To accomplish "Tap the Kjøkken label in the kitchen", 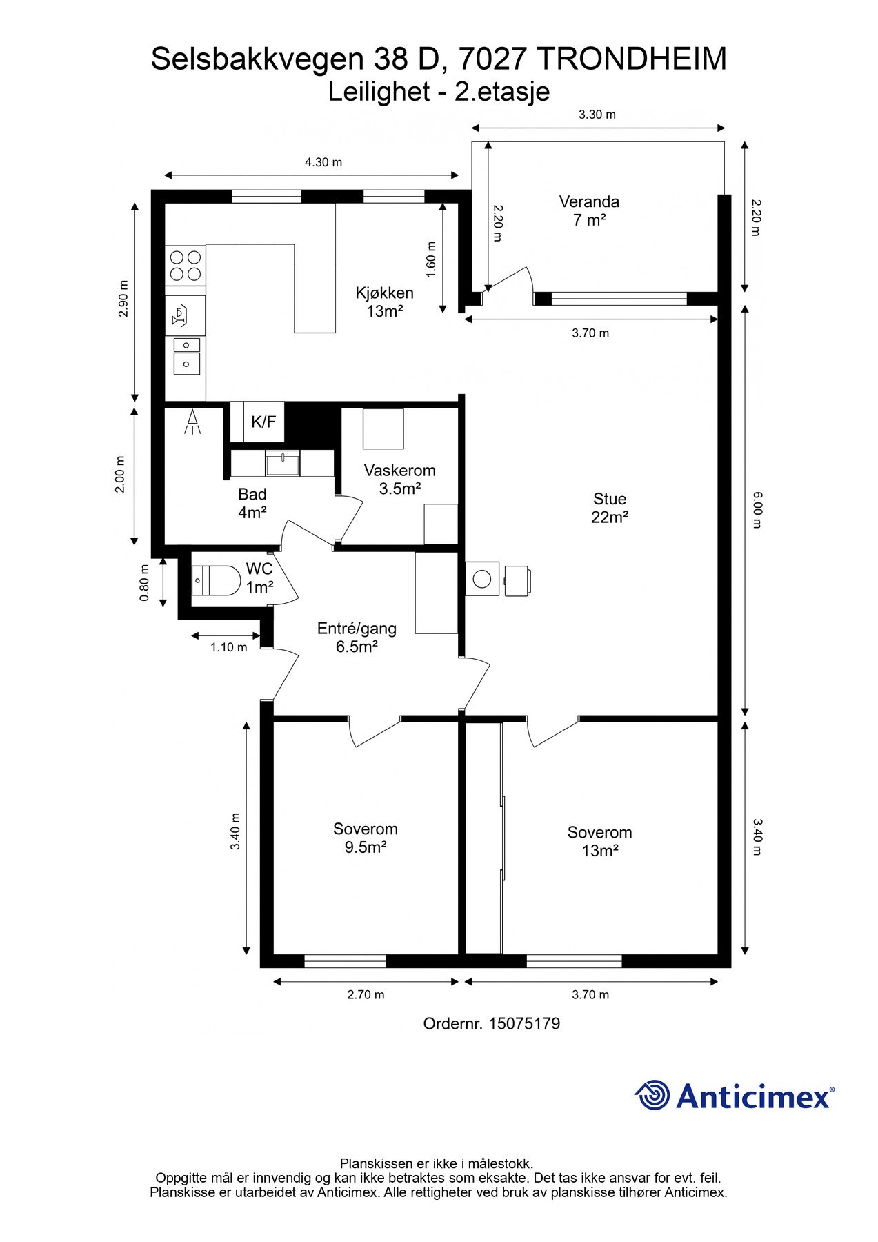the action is pos(384,293).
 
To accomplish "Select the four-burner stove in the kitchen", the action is pos(186,266).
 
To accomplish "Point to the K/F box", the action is pos(263,422).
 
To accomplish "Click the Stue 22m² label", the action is pos(610,508).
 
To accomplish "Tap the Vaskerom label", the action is pos(400,471).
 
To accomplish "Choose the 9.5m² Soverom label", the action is pos(366,838).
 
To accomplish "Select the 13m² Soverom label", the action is pos(599,841).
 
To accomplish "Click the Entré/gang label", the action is pos(357,629).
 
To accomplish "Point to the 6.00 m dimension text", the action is pos(757,509).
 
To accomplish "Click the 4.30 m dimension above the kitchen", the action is pos(323,163).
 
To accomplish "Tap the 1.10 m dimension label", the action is pos(228,647).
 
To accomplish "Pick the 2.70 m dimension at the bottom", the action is pos(366,994).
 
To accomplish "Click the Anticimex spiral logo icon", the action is pos(652,1095).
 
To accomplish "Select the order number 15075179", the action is pos(524,1023).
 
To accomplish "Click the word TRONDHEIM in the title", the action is pos(631,59).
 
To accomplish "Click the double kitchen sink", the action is pos(186,355).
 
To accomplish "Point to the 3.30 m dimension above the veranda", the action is pos(597,115).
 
